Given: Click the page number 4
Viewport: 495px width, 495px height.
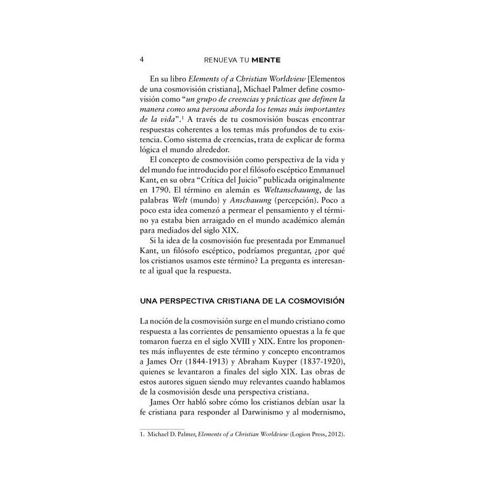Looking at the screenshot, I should (x=142, y=59).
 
